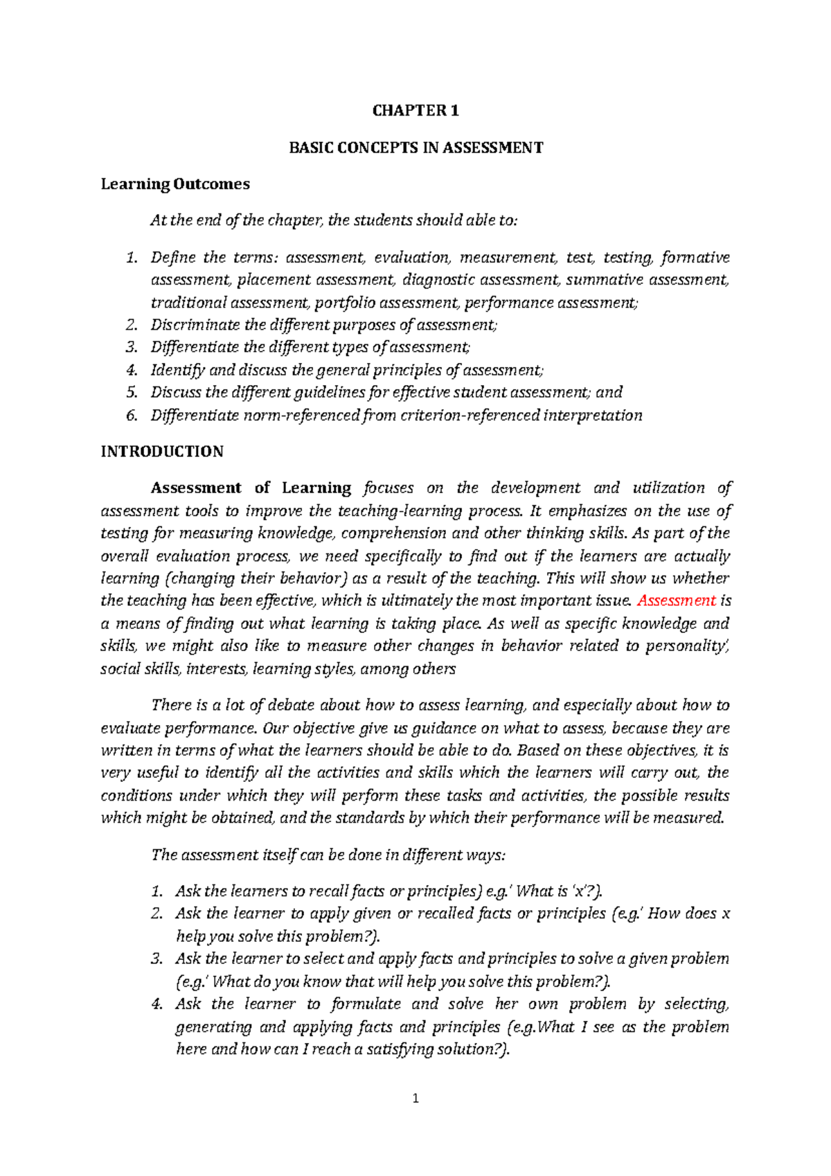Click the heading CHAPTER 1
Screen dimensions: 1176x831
(x=415, y=111)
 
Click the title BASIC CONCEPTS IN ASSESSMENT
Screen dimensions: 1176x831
(x=415, y=148)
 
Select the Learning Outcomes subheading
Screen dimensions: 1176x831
(x=175, y=184)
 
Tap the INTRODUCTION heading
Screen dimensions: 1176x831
(x=162, y=452)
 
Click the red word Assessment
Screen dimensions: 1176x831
(x=677, y=600)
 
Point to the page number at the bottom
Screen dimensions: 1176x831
(x=415, y=1098)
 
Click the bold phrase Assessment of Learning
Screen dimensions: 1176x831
(x=251, y=488)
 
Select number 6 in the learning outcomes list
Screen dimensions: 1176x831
(x=132, y=416)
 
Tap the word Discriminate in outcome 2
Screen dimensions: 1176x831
(x=195, y=325)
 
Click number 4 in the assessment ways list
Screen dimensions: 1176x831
(x=157, y=1004)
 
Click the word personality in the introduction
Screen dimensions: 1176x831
(x=685, y=646)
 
